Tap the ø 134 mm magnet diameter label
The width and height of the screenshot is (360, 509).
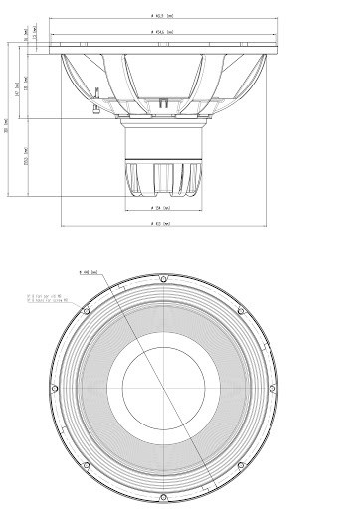(165, 209)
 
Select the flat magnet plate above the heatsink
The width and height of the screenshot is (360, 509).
(165, 124)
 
